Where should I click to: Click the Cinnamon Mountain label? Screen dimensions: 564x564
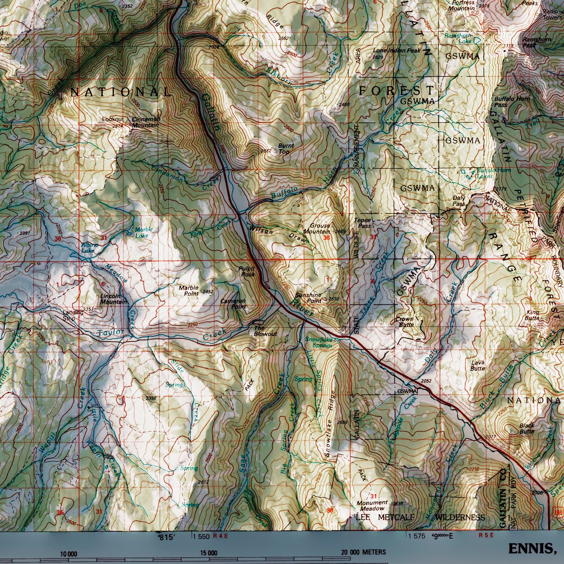pyautogui.click(x=145, y=122)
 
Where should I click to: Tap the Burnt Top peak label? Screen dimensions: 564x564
pyautogui.click(x=286, y=148)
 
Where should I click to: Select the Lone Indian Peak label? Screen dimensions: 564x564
pyautogui.click(x=397, y=51)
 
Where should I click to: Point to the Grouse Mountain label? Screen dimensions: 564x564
pyautogui.click(x=320, y=228)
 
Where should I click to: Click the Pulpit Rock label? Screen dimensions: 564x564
pyautogui.click(x=247, y=271)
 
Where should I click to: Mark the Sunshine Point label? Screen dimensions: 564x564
pyautogui.click(x=308, y=298)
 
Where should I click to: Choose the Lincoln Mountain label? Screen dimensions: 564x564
pyautogui.click(x=113, y=299)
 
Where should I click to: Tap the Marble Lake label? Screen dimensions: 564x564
pyautogui.click(x=144, y=232)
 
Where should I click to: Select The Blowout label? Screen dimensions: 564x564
pyautogui.click(x=265, y=331)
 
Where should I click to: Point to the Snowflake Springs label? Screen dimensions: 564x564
pyautogui.click(x=318, y=342)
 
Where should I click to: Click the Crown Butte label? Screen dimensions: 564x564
pyautogui.click(x=404, y=322)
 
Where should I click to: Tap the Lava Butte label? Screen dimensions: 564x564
pyautogui.click(x=477, y=365)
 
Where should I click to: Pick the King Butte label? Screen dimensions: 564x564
pyautogui.click(x=532, y=315)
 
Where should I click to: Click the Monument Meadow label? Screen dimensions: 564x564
pyautogui.click(x=372, y=505)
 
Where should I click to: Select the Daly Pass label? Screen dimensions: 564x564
pyautogui.click(x=459, y=201)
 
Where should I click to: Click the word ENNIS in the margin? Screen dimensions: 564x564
pyautogui.click(x=531, y=549)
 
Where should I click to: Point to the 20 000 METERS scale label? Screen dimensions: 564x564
pyautogui.click(x=363, y=552)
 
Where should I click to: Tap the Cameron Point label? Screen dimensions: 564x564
pyautogui.click(x=233, y=304)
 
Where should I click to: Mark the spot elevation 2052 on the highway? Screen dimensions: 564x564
pyautogui.click(x=426, y=381)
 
